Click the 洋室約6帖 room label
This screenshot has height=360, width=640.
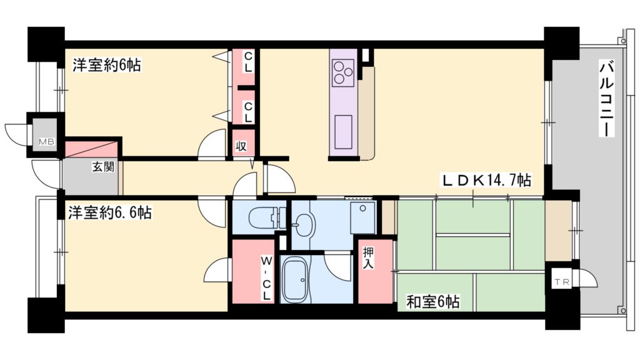(106, 65)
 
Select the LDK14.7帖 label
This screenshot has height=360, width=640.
(486, 181)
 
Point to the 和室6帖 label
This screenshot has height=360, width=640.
(433, 302)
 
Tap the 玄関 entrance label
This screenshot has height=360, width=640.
(103, 167)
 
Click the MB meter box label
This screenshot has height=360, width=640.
(47, 142)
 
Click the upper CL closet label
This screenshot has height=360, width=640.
(248, 61)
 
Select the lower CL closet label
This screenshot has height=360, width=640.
(248, 112)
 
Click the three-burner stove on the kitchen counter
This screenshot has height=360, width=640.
(342, 71)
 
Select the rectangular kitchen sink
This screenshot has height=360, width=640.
(343, 132)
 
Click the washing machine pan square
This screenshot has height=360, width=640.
(363, 217)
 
